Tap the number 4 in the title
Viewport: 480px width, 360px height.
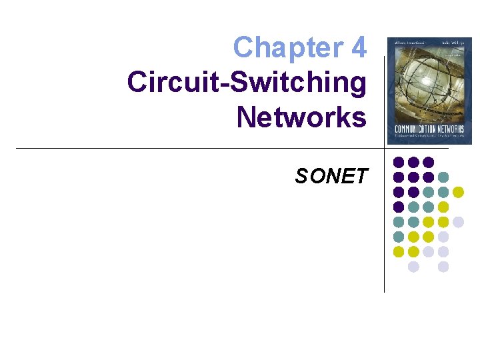coord(358,48)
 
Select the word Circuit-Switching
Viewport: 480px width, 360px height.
coord(247,83)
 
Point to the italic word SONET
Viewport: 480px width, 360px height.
coord(331,176)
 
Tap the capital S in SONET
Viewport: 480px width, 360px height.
coord(302,176)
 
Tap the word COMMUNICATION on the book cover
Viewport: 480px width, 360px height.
coord(413,129)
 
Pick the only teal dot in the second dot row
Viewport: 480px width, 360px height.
coord(443,177)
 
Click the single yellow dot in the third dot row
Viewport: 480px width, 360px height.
coord(458,192)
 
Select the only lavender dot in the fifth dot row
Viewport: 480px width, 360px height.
coord(458,222)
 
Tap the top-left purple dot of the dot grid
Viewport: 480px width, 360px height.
coord(399,162)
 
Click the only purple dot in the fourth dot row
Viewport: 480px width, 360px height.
coord(399,207)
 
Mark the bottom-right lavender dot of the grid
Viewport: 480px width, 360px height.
coord(443,267)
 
